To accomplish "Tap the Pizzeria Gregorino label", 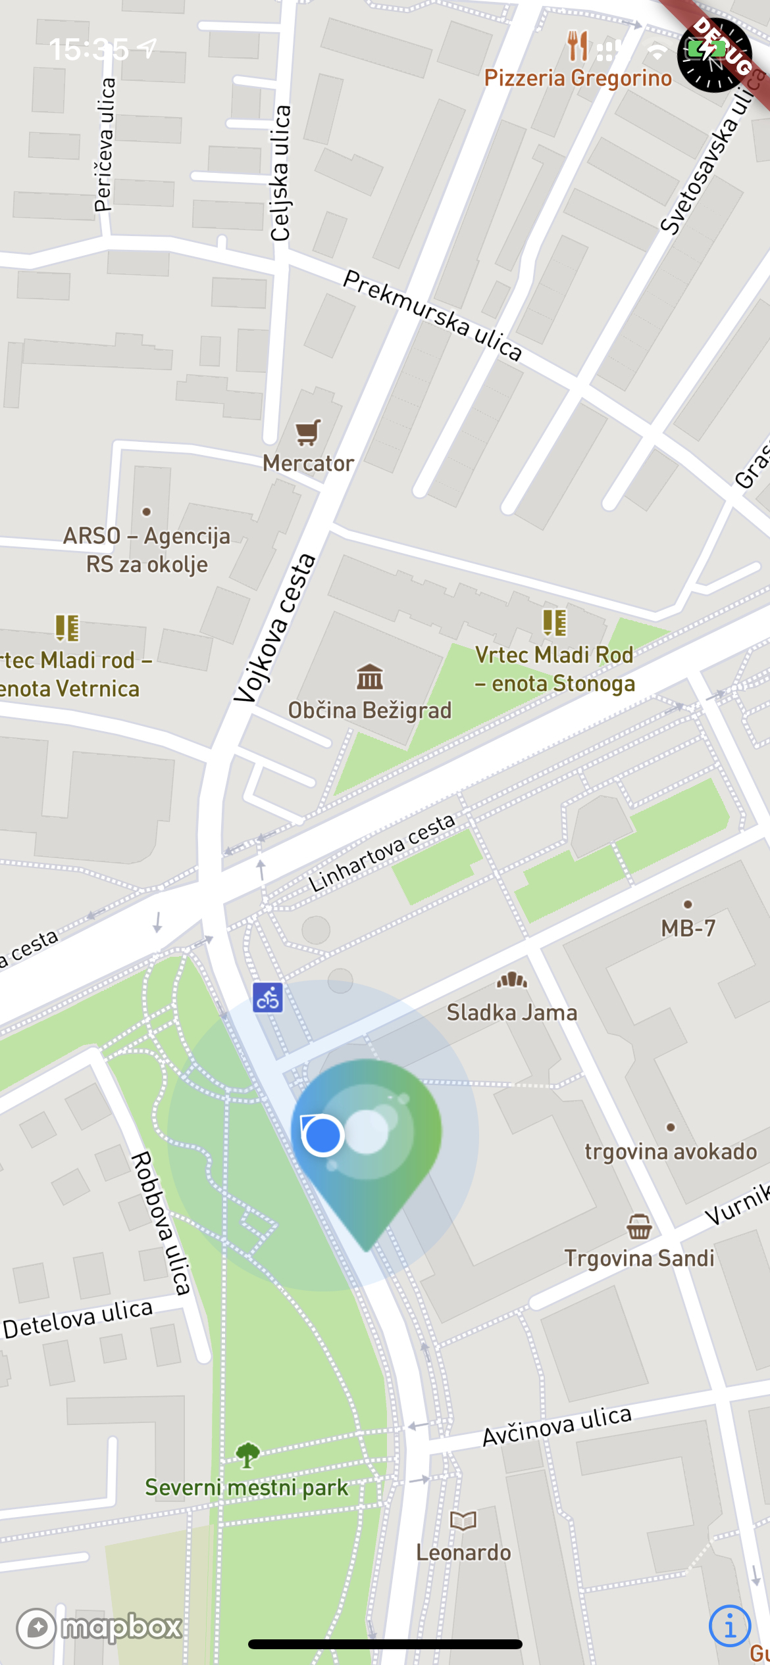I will click(x=578, y=78).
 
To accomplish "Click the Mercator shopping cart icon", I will click(x=308, y=432).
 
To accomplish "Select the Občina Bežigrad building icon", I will click(x=370, y=677).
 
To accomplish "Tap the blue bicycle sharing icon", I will click(x=268, y=998).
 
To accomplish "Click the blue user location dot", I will click(x=322, y=1134).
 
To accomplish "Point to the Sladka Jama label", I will click(x=511, y=1013).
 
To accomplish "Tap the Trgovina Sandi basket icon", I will click(x=639, y=1226).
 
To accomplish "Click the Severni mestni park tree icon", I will click(x=247, y=1455).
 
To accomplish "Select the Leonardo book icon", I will click(x=463, y=1520).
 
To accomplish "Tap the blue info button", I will click(x=729, y=1626).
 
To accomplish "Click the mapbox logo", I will click(x=99, y=1628).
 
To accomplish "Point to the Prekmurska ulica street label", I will click(x=432, y=316).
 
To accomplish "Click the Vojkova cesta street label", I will click(x=275, y=629).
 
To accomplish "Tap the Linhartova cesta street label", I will click(x=382, y=852).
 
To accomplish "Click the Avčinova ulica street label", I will click(x=557, y=1426).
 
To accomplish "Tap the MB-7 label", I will click(x=688, y=928).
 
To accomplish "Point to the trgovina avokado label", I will click(x=671, y=1151).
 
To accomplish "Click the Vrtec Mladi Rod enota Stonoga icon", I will click(x=554, y=622).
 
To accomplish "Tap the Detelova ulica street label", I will click(x=78, y=1318).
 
